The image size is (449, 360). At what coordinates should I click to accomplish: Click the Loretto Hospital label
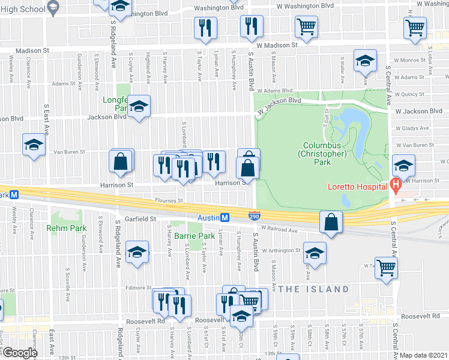coord(357,187)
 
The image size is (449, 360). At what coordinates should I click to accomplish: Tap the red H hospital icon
coord(395,187)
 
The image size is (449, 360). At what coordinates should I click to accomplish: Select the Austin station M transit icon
coord(224,217)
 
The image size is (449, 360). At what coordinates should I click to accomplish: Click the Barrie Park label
coord(190,236)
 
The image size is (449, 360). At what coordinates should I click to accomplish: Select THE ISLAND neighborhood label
coord(313,289)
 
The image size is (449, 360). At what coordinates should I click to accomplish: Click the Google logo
coord(20,353)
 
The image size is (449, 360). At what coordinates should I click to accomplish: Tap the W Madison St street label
coord(277,45)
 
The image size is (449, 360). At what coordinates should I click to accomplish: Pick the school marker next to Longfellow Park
coord(139,106)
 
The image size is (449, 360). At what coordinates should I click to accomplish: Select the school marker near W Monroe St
coord(364,62)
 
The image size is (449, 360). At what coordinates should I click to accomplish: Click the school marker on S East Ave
coord(34,145)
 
